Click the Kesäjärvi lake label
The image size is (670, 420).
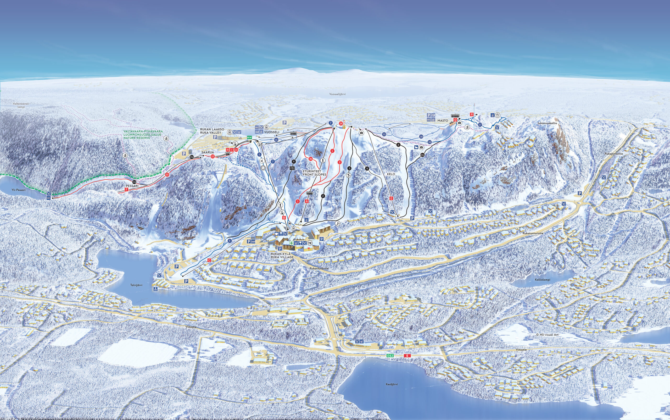392,384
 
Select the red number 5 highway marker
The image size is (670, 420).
407,356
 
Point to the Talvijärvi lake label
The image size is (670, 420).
136,285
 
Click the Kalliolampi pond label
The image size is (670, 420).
542,280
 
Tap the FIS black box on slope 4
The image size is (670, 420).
292,168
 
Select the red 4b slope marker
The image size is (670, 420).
311,159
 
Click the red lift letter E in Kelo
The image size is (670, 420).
392,198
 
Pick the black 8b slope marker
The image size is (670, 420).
422,155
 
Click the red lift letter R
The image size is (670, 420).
471,114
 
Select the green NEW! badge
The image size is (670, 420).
249,137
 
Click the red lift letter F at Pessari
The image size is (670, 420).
127,189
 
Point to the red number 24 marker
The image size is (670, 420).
341,124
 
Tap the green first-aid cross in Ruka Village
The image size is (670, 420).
292,243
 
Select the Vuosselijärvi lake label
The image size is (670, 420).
337,94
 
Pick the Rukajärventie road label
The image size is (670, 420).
614,154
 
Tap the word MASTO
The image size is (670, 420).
443,120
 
